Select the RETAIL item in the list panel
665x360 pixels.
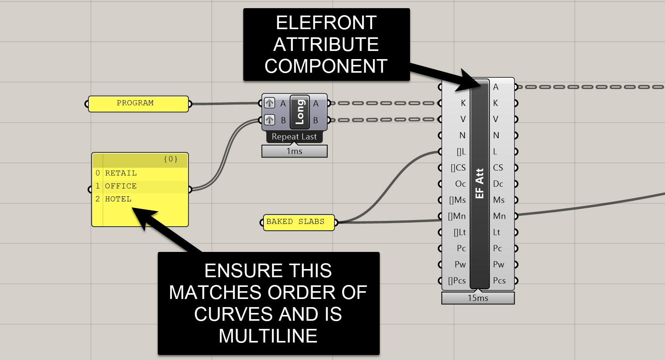point(120,173)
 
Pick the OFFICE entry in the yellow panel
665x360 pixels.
point(120,186)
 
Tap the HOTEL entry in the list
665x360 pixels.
point(118,199)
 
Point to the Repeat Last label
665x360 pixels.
point(294,137)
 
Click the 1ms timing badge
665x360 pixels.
point(294,151)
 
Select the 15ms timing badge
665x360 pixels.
point(478,298)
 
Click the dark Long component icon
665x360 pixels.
point(300,112)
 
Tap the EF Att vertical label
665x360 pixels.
point(480,183)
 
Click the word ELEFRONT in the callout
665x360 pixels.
point(326,23)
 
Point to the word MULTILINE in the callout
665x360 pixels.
point(268,336)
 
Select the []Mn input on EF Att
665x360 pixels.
point(457,216)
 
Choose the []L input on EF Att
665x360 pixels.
point(461,152)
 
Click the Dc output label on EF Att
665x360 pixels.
point(498,184)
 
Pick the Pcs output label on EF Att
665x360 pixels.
point(499,281)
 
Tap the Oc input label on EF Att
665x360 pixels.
point(460,184)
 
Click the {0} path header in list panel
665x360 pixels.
point(171,159)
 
